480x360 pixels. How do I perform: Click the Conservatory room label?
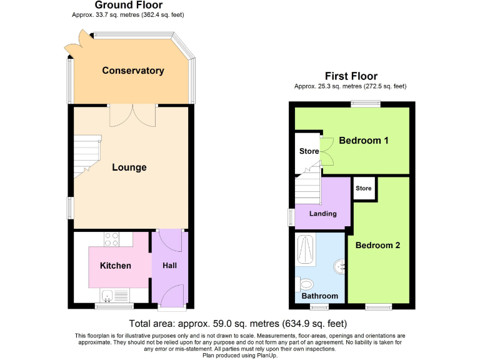tap(133, 71)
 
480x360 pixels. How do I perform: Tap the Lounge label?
tap(129, 167)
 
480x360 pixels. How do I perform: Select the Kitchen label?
tap(116, 266)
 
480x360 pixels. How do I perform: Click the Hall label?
tap(169, 266)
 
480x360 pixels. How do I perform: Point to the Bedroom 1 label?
tap(364, 141)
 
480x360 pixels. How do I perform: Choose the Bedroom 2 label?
tap(377, 246)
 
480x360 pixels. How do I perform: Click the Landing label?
tap(323, 214)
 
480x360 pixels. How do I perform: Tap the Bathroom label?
tap(320, 296)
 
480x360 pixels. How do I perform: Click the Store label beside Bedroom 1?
tap(309, 151)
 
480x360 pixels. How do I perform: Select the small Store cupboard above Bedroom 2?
tap(364, 189)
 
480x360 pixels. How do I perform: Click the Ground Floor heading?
tap(128, 5)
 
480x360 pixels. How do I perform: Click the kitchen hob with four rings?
tap(111, 239)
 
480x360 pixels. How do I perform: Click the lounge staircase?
tap(85, 157)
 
